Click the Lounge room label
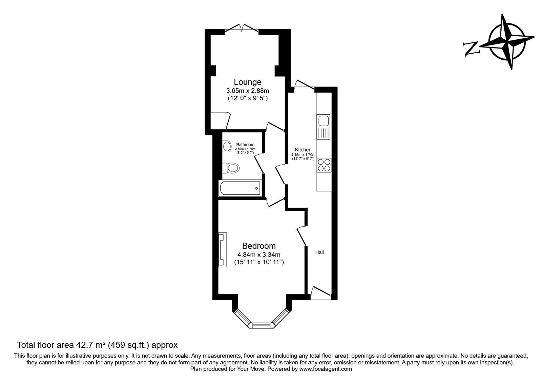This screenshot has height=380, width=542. point(248,82)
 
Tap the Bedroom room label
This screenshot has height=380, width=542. point(259,246)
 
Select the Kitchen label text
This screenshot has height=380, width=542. point(303,150)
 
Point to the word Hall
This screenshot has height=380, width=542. point(319,252)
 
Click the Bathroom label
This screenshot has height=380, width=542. point(245,145)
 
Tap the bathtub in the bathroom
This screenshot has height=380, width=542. point(239,188)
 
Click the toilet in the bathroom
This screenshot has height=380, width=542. point(231,168)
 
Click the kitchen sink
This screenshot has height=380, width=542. point(323,127)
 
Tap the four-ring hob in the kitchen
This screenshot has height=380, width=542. point(324,165)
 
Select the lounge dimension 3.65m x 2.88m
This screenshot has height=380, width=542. point(248,91)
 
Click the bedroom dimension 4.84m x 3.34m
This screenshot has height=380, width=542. point(259,255)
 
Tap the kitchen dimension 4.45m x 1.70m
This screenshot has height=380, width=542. point(303,155)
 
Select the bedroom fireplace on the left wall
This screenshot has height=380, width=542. point(223,250)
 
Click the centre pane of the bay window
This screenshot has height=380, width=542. point(261,325)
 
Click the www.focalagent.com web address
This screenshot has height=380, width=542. point(326,369)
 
